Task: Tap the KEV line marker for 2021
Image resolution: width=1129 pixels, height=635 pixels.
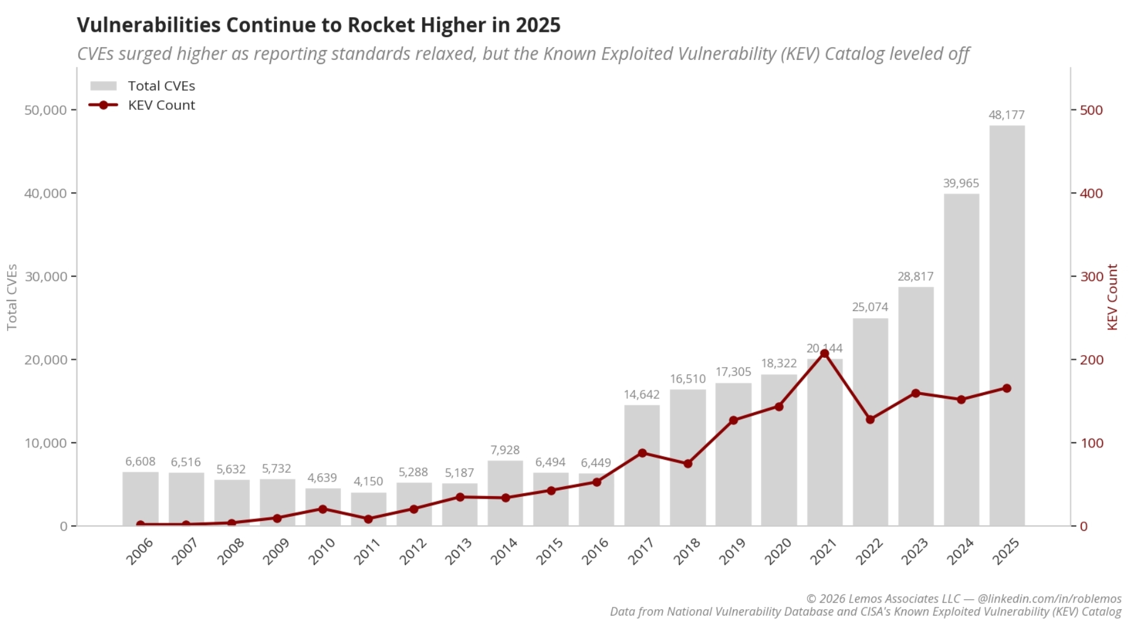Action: pyautogui.click(x=824, y=354)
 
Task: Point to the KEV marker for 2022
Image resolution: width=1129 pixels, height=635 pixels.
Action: pyautogui.click(x=870, y=419)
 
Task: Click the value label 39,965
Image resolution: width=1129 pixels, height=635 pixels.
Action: pyautogui.click(x=961, y=183)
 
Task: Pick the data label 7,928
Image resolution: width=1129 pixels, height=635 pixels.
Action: pyautogui.click(x=505, y=450)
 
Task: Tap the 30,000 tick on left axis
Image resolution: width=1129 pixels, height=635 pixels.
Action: pyautogui.click(x=45, y=276)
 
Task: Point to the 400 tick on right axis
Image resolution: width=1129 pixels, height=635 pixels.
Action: pyautogui.click(x=1091, y=193)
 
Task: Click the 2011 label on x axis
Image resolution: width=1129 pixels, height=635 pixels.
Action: pyautogui.click(x=368, y=552)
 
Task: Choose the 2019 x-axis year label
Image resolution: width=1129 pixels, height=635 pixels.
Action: pyautogui.click(x=732, y=552)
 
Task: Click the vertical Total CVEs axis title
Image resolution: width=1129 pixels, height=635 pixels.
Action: pyautogui.click(x=12, y=297)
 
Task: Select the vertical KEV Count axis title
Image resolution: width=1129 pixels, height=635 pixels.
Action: pyautogui.click(x=1112, y=297)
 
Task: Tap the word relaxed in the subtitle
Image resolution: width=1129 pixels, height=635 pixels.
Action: pyautogui.click(x=445, y=54)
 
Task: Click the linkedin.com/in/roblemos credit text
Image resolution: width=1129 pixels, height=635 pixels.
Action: pyautogui.click(x=1049, y=599)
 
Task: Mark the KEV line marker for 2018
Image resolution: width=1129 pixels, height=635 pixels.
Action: pyautogui.click(x=688, y=463)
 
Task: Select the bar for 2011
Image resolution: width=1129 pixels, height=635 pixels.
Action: pyautogui.click(x=368, y=509)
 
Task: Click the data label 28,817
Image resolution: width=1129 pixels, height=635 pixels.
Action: pyautogui.click(x=915, y=276)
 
